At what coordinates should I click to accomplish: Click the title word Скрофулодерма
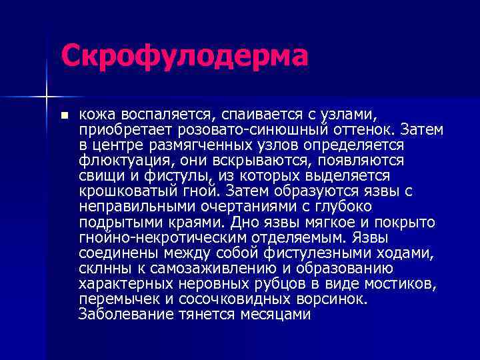(x=185, y=56)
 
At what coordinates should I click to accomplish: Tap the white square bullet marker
(x=65, y=115)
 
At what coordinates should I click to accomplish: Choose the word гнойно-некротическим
(x=155, y=237)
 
